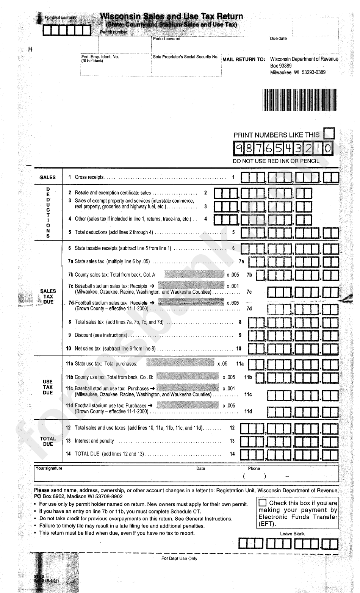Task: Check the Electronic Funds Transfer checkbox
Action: pos(262,503)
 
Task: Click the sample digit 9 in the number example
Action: pos(239,149)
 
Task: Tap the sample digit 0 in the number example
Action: pos(328,149)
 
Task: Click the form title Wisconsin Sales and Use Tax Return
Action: pos(171,16)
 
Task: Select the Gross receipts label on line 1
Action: pos(89,177)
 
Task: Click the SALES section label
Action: pos(48,177)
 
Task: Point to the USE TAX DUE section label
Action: pos(48,387)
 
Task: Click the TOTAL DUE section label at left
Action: pos(48,441)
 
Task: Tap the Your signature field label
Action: pos(49,468)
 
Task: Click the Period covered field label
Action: pos(167,39)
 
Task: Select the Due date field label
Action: pos(279,39)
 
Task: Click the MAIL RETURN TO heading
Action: pos(244,59)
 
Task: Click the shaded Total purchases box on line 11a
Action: pos(180,363)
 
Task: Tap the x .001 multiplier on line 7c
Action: pos(233,286)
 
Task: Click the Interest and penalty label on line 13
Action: pos(94,441)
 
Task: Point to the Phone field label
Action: pos(254,468)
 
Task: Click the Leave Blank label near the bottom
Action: pos(292,534)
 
